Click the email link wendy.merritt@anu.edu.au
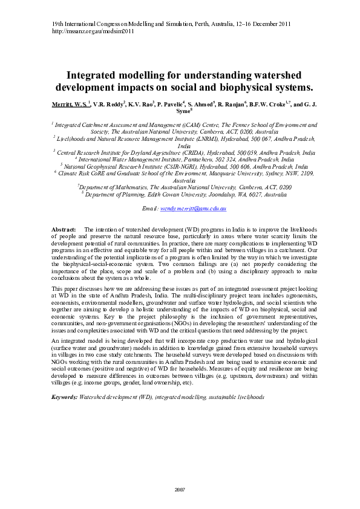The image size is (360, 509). coord(193,208)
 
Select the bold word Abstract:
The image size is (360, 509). coord(64,230)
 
